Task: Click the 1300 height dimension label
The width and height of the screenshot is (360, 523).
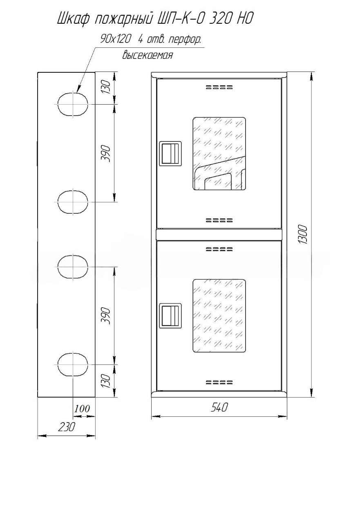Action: [x=302, y=235]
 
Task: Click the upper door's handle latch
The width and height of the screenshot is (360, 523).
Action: [x=170, y=153]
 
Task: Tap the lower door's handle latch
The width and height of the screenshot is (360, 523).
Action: [x=170, y=316]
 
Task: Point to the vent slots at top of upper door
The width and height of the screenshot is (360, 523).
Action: [x=219, y=87]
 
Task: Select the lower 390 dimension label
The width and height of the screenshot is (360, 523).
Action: [x=105, y=316]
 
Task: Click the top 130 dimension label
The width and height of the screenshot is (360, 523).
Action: [x=105, y=87]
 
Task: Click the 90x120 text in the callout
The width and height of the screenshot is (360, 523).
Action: [x=115, y=40]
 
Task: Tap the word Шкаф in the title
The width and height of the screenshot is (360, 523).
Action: [x=73, y=19]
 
